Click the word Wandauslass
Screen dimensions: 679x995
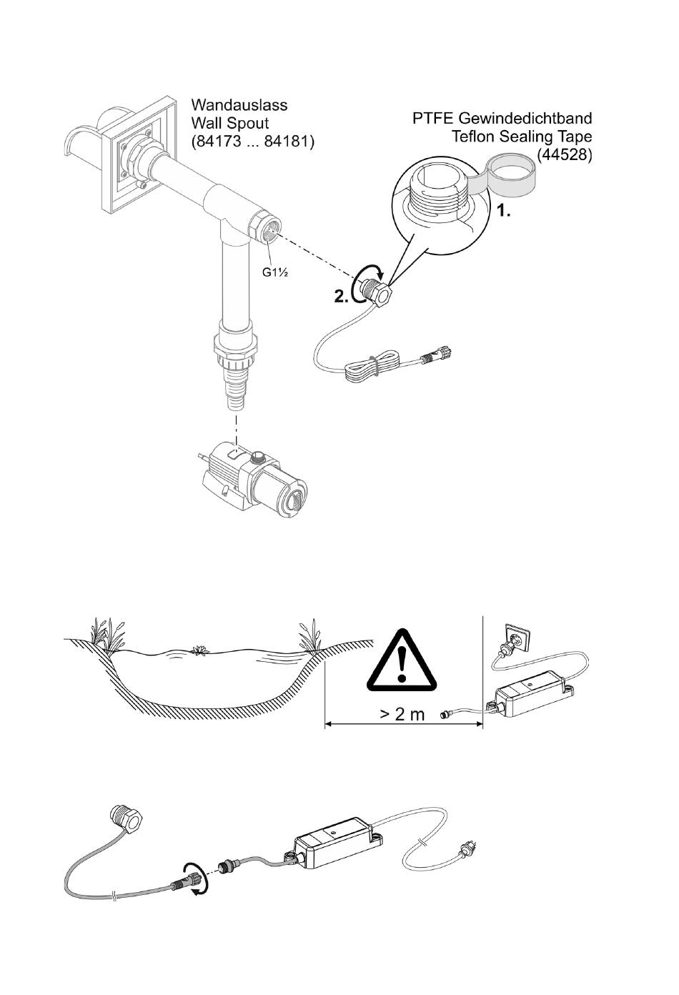point(239,105)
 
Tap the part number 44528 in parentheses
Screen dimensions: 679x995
point(564,154)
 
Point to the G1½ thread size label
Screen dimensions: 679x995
point(275,272)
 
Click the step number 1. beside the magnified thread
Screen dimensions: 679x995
point(503,212)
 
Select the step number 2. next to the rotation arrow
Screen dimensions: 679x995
point(341,297)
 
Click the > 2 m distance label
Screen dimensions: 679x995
point(402,714)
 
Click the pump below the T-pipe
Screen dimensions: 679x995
point(252,482)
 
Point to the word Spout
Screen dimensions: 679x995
point(247,123)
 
